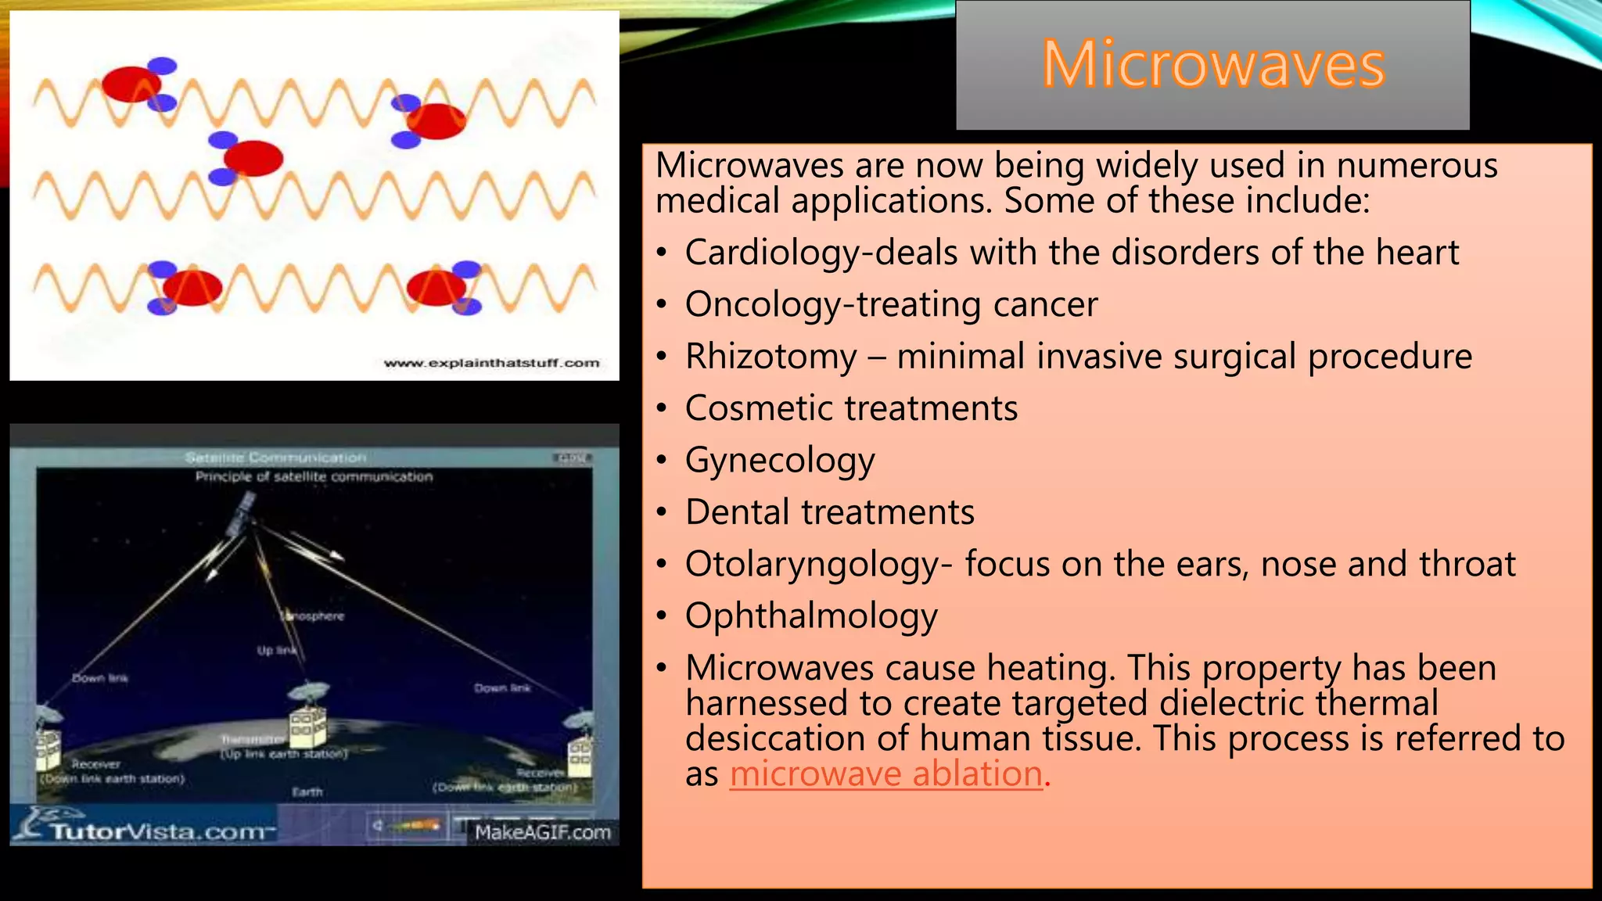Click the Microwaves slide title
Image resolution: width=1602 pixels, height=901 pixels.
(1212, 64)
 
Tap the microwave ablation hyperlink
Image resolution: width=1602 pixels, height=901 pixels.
(885, 774)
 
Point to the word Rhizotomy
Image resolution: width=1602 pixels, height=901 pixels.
(771, 357)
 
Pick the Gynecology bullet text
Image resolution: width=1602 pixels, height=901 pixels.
(780, 460)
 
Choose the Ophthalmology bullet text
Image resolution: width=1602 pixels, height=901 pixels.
(811, 616)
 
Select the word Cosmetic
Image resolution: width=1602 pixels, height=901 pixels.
(761, 408)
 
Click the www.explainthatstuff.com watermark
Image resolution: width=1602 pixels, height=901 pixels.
(491, 363)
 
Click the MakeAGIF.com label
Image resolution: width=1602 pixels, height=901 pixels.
(542, 832)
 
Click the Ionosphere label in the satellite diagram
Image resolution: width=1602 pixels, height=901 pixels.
(313, 616)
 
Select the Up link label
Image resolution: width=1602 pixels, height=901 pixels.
(276, 651)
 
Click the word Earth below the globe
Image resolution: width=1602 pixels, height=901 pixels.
(307, 792)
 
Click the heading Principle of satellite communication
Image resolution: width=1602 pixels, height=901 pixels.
(314, 476)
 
